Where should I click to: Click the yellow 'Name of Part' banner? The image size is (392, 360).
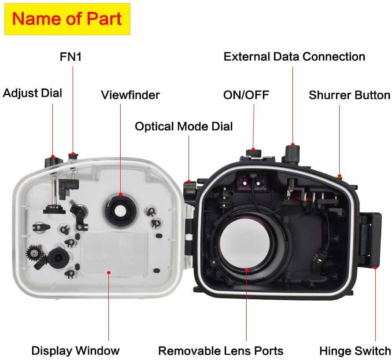[67, 19]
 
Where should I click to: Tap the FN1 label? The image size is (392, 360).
[71, 57]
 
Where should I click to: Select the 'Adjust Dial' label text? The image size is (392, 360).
[32, 93]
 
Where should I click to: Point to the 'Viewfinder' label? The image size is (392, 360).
[130, 95]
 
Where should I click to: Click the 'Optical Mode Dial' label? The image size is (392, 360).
[184, 126]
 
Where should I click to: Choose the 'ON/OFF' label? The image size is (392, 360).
[246, 95]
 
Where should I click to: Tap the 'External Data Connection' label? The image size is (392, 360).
[294, 57]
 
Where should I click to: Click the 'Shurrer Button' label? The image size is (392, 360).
[349, 95]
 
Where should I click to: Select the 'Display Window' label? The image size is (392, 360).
[75, 351]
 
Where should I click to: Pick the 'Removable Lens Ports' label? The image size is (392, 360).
[221, 351]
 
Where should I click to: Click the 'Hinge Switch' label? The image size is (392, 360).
[355, 351]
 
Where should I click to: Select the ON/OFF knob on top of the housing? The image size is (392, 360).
[254, 153]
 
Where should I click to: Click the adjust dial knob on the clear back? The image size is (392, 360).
[53, 162]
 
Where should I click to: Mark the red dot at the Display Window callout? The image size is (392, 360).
[108, 272]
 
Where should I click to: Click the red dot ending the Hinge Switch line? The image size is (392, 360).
[375, 268]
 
